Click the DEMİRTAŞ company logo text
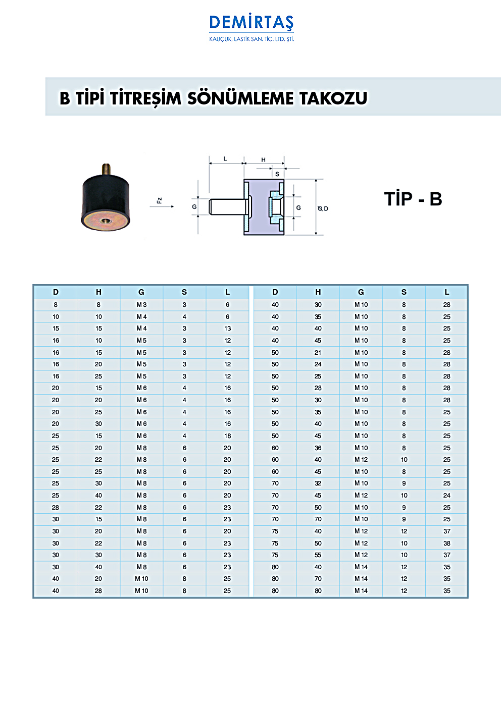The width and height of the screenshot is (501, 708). (251, 23)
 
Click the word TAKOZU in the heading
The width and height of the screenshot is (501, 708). (333, 98)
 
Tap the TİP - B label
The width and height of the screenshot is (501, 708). (413, 199)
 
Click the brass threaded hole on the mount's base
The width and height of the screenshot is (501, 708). (106, 220)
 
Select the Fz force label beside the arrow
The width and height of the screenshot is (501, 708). (160, 200)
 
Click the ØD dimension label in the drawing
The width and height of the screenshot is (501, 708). (323, 208)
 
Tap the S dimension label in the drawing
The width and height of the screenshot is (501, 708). (277, 174)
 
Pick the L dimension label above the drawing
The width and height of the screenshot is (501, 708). (225, 159)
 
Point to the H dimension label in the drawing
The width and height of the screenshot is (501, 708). (263, 160)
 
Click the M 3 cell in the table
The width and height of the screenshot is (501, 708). (141, 305)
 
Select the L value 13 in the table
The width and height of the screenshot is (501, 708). (227, 329)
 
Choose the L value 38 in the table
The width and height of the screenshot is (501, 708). (446, 543)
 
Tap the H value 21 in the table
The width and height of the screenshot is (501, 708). (318, 353)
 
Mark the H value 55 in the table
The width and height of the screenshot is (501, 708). (318, 555)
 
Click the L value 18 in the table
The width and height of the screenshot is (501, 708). (227, 436)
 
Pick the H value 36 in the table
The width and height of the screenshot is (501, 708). (318, 448)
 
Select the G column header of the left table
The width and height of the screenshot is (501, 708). (141, 292)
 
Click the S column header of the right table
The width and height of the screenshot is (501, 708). (404, 292)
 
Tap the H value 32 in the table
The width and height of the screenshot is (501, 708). (318, 483)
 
